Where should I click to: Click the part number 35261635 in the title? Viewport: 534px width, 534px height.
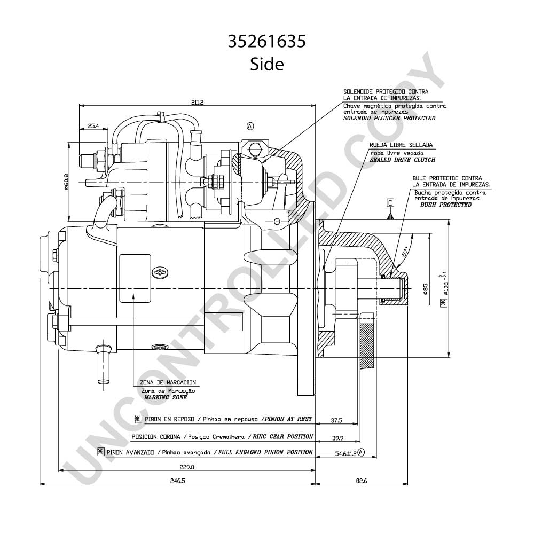266,42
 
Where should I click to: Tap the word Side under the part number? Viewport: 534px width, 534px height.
266,64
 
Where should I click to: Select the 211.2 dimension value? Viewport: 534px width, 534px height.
197,102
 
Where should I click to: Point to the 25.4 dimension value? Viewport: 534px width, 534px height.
93,126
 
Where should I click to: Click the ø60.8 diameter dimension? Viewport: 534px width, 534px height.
66,182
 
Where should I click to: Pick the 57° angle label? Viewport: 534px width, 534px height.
405,252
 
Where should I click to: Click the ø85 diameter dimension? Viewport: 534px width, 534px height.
425,288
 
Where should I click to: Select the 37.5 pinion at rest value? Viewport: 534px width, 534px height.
336,421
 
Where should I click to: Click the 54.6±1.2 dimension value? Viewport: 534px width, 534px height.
345,453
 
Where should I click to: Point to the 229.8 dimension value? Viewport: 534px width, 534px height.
187,467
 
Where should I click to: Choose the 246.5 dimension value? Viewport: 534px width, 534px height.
177,481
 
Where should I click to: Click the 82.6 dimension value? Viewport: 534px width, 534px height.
362,481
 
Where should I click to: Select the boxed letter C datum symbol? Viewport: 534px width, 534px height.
391,203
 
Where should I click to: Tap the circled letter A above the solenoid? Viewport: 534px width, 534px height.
250,127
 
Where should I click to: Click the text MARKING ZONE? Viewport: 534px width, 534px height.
166,397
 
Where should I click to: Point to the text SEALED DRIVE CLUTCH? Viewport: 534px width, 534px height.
403,160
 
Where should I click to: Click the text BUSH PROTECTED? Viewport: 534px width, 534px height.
446,205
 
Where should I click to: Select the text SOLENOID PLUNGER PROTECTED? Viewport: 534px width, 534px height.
389,118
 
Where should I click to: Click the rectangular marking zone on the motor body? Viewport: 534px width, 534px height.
135,278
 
